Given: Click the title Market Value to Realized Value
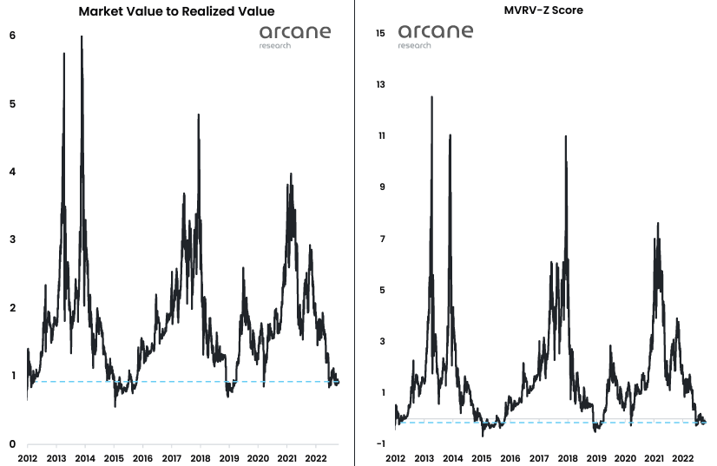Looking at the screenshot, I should click(176, 12).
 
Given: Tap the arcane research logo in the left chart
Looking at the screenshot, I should click(294, 36).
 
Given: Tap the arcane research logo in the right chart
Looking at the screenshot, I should click(436, 36).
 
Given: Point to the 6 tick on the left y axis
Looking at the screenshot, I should click(12, 36).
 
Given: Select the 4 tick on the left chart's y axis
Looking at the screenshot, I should click(12, 172).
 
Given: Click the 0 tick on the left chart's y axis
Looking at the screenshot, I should click(12, 443).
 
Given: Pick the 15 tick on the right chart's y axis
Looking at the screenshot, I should click(380, 33).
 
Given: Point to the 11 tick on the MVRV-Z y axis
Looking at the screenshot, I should click(380, 136).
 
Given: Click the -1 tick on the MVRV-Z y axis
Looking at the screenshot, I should click(381, 444).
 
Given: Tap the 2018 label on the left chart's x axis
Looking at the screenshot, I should click(201, 457).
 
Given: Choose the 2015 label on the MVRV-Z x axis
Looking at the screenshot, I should click(482, 457).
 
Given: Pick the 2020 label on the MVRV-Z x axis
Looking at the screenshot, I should click(626, 457).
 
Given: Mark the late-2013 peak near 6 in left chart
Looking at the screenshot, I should click(82, 36).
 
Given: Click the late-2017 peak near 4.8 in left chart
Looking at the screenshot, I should click(199, 115).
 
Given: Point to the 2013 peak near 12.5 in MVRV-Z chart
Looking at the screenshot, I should click(431, 97).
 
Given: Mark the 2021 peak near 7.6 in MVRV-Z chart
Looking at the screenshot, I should click(658, 223).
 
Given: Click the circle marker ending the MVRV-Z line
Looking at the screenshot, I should click(703, 422).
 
